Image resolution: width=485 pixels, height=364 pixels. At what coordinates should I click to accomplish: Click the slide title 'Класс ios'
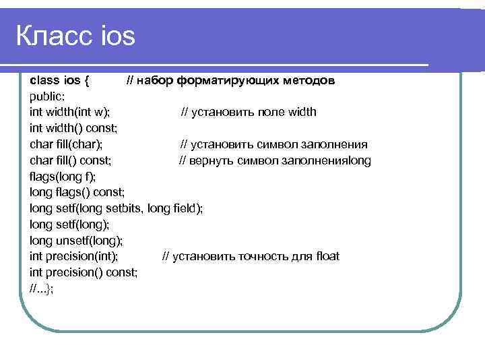tap(75, 36)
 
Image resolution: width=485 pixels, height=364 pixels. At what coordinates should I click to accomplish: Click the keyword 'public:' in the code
tap(48, 96)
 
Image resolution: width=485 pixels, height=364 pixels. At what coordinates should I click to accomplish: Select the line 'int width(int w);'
tap(71, 112)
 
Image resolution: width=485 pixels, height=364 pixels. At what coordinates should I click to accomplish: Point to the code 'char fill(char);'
tap(67, 144)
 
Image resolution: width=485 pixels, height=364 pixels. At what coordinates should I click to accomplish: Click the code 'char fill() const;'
tap(71, 160)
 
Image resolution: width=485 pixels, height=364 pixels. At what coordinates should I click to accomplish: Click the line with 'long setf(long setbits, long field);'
tap(116, 208)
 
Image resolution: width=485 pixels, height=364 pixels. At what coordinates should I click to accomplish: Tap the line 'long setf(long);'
tap(69, 224)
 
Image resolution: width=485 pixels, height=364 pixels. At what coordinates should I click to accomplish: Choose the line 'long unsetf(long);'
tap(77, 241)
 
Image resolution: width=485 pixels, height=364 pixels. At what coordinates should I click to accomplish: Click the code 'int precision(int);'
tap(74, 256)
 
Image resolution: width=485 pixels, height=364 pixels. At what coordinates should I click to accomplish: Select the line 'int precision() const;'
tap(84, 272)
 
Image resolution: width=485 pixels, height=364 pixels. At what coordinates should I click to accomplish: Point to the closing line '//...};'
tap(42, 289)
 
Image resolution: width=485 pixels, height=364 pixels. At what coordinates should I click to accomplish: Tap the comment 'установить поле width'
tap(254, 112)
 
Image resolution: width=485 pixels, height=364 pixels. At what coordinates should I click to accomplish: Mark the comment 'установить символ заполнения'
tap(279, 144)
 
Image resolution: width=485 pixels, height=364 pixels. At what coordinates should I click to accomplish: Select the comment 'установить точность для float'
tap(257, 256)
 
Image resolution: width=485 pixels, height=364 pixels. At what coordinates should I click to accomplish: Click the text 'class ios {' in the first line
tap(59, 80)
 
